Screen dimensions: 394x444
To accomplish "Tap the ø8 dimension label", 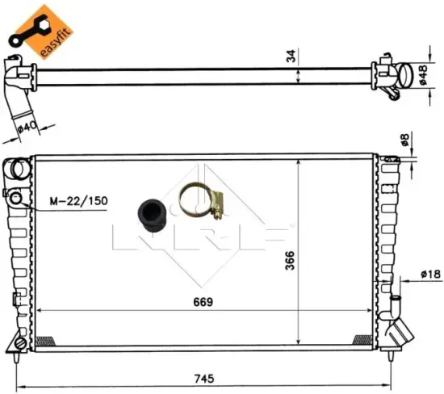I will [x=408, y=140].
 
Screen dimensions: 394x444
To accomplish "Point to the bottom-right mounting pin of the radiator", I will [x=392, y=351].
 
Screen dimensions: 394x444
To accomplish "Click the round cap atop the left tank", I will [x=17, y=170].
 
